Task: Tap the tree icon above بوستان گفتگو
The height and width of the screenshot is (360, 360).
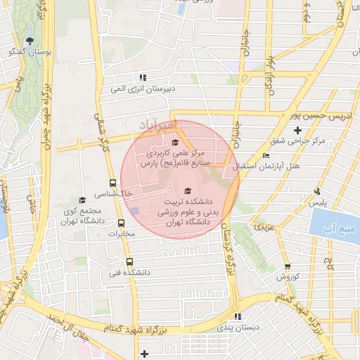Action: [x=29, y=41]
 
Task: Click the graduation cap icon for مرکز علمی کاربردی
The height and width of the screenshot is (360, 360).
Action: [x=175, y=143]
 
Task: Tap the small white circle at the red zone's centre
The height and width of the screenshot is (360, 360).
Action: [x=169, y=191]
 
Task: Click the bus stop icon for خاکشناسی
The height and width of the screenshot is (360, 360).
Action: [x=112, y=181]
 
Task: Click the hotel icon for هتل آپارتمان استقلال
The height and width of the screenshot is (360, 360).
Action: [x=265, y=156]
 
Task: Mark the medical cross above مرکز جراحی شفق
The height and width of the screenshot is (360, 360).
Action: [x=298, y=130]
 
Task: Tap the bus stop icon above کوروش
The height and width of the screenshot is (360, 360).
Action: [x=288, y=266]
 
